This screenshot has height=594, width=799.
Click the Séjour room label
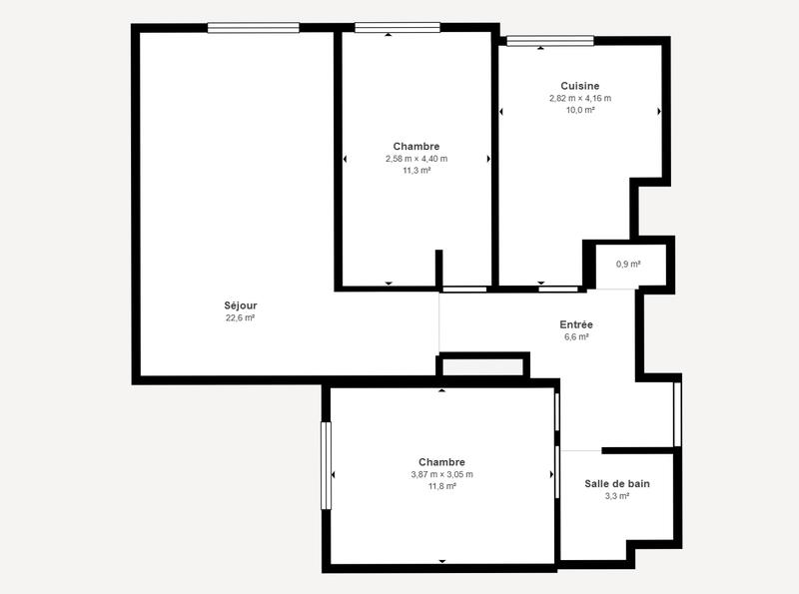tap(240, 305)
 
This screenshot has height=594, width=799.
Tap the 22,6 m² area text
tap(240, 318)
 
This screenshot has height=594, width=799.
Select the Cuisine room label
tap(579, 86)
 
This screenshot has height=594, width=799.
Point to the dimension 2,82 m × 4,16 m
tap(579, 98)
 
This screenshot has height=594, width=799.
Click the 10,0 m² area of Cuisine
tap(579, 110)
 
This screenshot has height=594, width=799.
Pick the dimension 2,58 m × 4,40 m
tap(416, 159)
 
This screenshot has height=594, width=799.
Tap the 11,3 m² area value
tap(416, 171)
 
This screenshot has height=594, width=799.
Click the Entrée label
tap(576, 324)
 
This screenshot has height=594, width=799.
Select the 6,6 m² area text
tap(576, 337)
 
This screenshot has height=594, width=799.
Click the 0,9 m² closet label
tap(628, 265)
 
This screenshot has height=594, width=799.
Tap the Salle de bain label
tap(617, 483)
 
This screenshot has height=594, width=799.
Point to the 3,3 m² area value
tap(617, 496)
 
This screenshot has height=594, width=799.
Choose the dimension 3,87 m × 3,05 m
tap(441, 474)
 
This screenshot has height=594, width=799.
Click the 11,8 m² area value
tap(441, 486)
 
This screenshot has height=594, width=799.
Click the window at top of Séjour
tap(254, 28)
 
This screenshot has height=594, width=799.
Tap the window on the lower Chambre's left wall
tap(326, 466)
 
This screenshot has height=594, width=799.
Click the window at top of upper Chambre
tap(397, 28)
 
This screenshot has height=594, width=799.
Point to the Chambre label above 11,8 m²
tap(441, 462)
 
